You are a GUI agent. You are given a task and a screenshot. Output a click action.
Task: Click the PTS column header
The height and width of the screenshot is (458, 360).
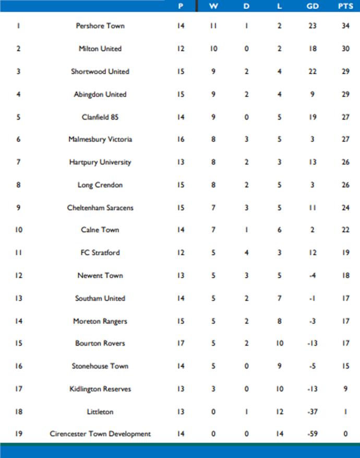[x=345, y=6]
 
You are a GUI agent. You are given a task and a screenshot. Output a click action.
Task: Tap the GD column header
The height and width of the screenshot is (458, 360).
[x=313, y=6]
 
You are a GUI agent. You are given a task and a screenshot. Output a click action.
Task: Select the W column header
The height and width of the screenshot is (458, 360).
[x=213, y=6]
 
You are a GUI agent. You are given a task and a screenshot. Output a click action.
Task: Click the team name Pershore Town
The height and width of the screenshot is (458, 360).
[x=100, y=26]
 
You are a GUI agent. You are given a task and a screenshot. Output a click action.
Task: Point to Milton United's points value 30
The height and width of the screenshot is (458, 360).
[x=345, y=49]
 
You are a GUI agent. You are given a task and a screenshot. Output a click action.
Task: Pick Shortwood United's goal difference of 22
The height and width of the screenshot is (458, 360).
[x=313, y=72]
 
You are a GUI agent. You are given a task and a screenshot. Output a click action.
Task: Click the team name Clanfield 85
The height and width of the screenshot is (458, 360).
[x=100, y=117]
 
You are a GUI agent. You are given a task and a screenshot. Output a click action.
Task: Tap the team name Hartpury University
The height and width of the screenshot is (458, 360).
[x=100, y=162]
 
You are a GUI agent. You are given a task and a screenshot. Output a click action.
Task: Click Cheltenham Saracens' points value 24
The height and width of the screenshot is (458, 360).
[x=345, y=208]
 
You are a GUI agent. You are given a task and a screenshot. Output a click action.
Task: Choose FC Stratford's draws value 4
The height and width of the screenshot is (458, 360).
[x=246, y=253]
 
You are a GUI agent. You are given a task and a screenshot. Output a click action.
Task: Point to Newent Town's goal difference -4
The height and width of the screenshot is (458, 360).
[x=313, y=276]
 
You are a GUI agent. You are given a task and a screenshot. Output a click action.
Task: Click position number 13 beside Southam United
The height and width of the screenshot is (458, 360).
[x=18, y=299]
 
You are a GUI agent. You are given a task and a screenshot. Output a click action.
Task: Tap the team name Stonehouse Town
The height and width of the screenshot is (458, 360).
[x=100, y=366]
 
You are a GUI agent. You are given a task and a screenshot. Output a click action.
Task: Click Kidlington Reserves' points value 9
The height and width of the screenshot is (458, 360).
[x=345, y=389]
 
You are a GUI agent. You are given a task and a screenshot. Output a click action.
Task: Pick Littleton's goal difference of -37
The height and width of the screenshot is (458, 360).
[x=313, y=412]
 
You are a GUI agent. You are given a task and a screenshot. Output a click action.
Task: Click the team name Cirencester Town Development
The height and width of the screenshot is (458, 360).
[x=100, y=434]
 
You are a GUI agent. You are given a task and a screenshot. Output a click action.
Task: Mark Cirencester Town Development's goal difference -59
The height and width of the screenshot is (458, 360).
[x=313, y=434]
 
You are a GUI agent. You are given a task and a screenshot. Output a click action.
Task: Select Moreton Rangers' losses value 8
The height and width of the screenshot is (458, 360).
[x=280, y=321]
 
